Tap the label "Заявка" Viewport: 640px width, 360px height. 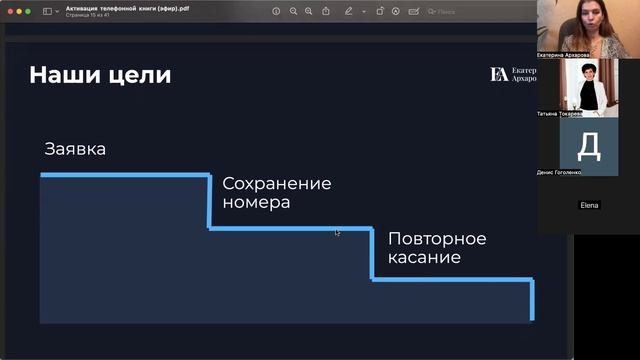tap(75, 149)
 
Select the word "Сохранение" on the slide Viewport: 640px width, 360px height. tap(277, 184)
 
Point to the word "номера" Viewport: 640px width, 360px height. tap(256, 202)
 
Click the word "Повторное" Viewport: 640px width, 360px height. tap(437, 239)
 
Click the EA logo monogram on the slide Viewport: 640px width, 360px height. tap(498, 74)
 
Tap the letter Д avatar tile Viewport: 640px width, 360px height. tap(589, 146)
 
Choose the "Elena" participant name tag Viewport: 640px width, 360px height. tap(589, 205)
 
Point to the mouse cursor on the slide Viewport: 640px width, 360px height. tap(337, 232)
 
